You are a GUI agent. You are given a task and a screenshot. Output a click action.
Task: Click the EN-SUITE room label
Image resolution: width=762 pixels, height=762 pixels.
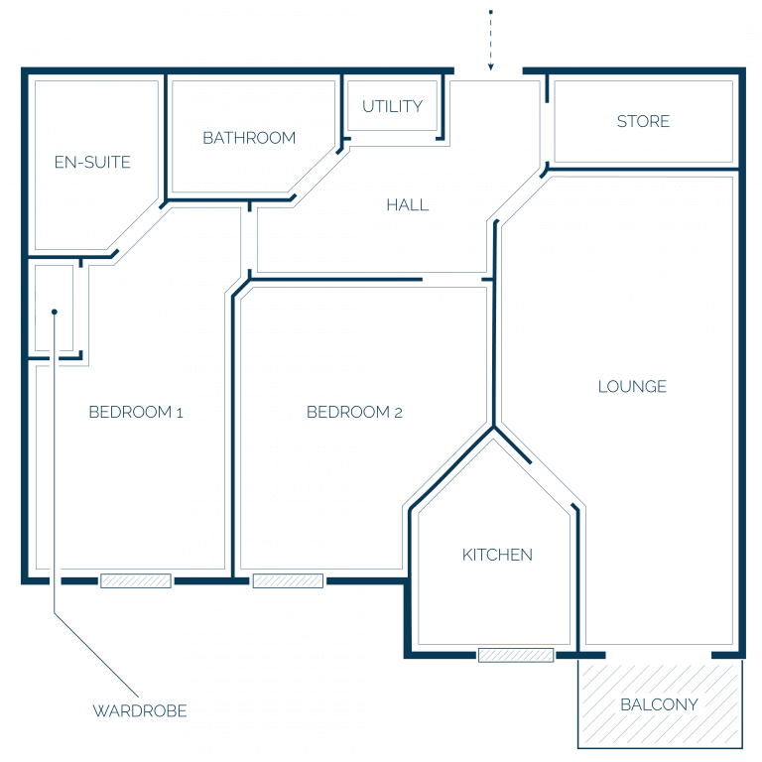[x=92, y=162]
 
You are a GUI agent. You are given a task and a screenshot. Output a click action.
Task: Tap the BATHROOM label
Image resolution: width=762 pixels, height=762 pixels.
[x=249, y=138]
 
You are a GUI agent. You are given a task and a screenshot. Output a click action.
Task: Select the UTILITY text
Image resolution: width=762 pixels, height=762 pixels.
[x=393, y=106]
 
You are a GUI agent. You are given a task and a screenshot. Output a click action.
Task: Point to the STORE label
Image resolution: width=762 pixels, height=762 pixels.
[x=643, y=121]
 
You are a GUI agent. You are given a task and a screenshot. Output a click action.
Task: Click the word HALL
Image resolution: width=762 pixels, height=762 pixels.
[x=408, y=205]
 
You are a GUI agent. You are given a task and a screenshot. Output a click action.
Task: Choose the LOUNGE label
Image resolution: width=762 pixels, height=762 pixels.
[x=632, y=386]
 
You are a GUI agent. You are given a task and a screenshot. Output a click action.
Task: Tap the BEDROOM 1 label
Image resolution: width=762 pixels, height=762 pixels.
[x=136, y=412]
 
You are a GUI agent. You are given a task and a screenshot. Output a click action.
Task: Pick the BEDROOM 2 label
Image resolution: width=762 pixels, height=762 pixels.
[x=354, y=412]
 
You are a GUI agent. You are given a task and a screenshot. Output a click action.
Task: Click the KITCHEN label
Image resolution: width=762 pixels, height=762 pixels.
[x=497, y=555]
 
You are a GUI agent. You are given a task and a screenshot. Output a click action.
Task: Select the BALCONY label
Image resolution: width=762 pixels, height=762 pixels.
[x=660, y=704]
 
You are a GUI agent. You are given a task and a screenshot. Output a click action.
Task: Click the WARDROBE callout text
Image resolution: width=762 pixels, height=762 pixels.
[x=140, y=711]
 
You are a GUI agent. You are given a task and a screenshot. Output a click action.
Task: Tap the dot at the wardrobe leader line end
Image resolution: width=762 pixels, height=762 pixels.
[x=55, y=312]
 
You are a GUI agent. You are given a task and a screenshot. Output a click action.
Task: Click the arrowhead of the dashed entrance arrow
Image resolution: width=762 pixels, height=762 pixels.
[x=491, y=67]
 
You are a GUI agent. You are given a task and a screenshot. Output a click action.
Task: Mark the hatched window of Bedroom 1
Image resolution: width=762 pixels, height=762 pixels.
[x=136, y=580]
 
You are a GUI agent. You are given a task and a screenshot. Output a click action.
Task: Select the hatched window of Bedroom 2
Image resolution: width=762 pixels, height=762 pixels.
[x=288, y=580]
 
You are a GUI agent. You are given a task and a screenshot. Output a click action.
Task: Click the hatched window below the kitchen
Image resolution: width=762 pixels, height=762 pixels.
[x=516, y=655]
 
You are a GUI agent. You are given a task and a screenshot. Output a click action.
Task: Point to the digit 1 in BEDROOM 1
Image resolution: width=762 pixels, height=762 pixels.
[x=180, y=413]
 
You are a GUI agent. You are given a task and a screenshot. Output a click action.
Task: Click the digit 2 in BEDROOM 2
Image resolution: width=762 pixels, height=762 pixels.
[x=398, y=413]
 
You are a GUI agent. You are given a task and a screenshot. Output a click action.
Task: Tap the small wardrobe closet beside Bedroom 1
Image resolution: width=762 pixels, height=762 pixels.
[x=54, y=309]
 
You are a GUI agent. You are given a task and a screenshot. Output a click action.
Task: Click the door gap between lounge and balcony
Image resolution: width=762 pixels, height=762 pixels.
[x=659, y=656]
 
